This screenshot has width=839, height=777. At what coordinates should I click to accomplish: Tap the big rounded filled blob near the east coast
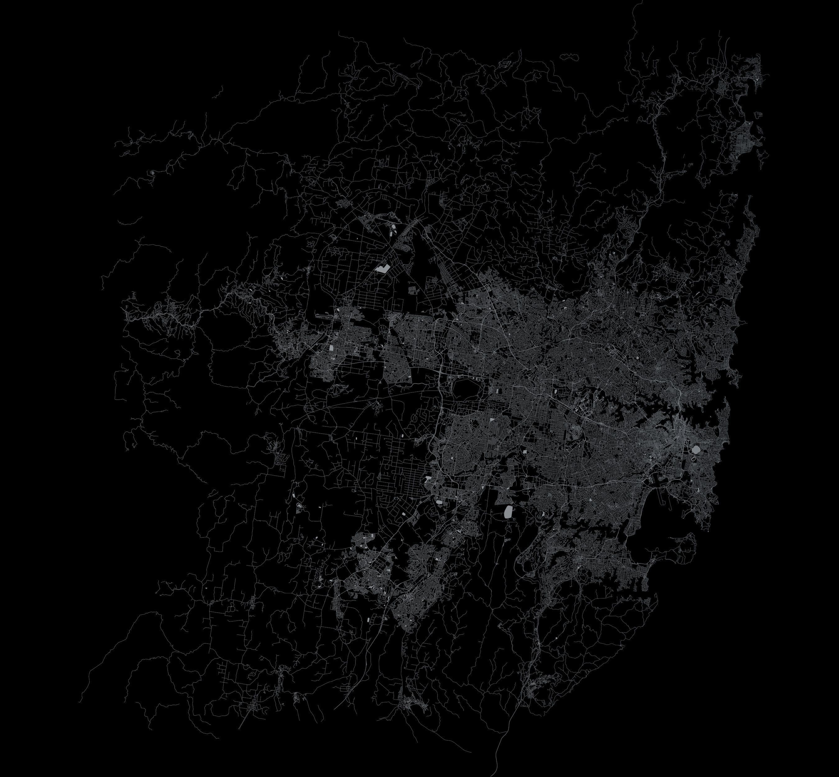tap(696, 450)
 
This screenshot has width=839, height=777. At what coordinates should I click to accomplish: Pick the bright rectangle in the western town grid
tap(331, 348)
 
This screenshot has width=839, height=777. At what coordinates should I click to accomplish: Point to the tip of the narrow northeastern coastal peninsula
tap(749, 198)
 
